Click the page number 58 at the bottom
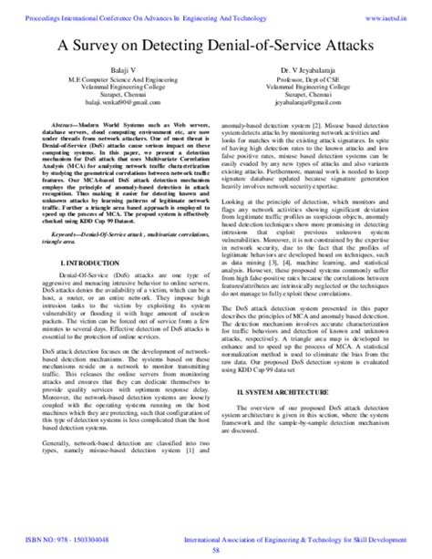pyautogui.click(x=215, y=551)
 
